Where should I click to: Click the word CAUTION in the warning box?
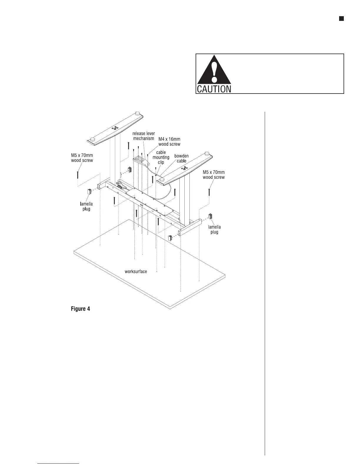tap(214, 89)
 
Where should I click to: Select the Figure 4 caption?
tap(80, 309)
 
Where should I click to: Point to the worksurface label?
tap(136, 271)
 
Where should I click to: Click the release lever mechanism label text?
tap(144, 136)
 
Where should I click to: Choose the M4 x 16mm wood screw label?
tap(169, 142)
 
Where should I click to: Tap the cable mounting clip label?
tap(161, 157)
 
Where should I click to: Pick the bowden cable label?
tap(181, 158)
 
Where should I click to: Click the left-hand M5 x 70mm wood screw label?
tap(82, 158)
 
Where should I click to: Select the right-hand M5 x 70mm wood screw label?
tap(214, 175)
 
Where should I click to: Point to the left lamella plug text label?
tap(86, 206)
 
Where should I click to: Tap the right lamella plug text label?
tap(214, 229)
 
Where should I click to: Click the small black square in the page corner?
tap(341, 19)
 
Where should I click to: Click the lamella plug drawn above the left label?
tap(89, 192)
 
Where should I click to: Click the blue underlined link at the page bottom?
tap(59, 463)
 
